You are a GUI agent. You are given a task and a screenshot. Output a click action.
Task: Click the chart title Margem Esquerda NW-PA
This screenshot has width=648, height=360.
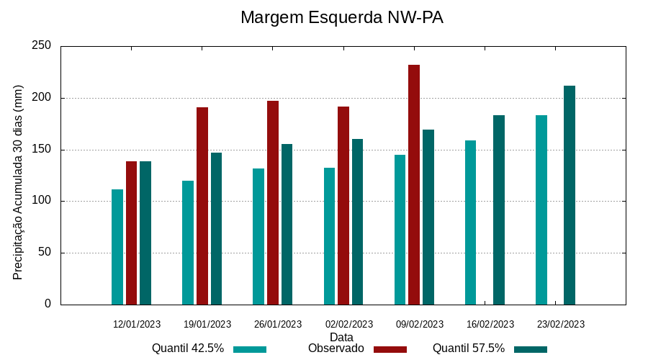[x=341, y=17]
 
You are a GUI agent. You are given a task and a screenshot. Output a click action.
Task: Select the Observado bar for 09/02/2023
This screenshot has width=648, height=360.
[x=414, y=184]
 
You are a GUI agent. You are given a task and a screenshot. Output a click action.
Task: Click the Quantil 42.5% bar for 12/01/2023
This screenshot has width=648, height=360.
[x=117, y=247]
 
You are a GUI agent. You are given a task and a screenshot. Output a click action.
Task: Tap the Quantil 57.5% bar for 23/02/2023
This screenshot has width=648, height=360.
[x=570, y=195]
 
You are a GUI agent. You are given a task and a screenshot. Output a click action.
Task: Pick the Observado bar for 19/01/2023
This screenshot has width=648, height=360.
[x=202, y=206]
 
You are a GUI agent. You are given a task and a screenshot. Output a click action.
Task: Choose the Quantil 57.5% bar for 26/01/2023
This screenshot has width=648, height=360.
[x=287, y=224]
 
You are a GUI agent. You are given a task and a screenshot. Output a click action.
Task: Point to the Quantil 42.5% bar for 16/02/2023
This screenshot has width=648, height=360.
[x=471, y=222]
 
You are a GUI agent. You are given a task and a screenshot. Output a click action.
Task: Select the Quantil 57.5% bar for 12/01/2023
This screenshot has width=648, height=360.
[x=145, y=233]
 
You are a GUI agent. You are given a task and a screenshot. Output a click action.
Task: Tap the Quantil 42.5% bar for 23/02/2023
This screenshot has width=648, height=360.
[x=541, y=210]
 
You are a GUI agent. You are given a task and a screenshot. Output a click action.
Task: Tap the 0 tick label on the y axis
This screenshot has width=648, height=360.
[x=48, y=304]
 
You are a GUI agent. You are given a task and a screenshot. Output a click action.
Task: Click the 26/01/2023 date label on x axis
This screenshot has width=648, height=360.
[x=278, y=324]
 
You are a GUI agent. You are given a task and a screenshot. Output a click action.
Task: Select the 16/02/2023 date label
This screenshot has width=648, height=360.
[x=490, y=324]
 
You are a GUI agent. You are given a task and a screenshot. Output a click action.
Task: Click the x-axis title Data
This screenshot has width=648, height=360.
[x=341, y=337]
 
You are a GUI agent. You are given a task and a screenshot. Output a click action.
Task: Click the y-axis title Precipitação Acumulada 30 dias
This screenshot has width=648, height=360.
[x=19, y=182]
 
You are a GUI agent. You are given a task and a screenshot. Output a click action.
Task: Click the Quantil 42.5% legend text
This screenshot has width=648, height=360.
[x=188, y=348]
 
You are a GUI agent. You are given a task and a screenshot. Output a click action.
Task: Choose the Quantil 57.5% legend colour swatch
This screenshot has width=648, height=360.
[x=531, y=349]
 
